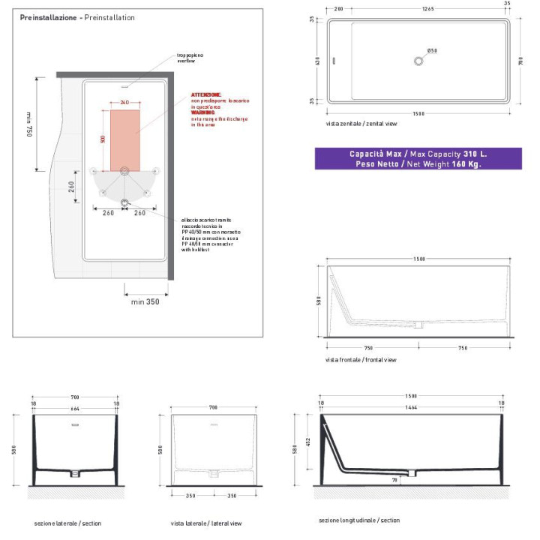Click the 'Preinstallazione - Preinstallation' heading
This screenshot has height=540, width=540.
click(77, 16)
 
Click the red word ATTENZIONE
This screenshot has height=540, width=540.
click(206, 94)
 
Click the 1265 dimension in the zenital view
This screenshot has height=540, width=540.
click(427, 10)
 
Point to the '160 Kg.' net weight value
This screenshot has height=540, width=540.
click(466, 163)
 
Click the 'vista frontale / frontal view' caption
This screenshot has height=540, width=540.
click(360, 360)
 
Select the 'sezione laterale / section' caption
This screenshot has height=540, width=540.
click(67, 523)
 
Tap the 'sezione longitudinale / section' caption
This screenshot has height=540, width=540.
click(359, 520)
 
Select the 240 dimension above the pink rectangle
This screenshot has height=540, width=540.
click(124, 101)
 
